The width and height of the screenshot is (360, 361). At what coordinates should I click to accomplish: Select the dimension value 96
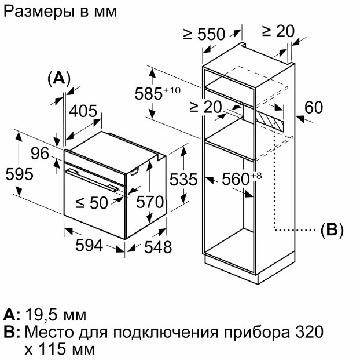coord(39,154)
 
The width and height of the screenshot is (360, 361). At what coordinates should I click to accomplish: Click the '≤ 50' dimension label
coord(92,202)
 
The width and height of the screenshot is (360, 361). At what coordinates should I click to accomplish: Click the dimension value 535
coord(184,179)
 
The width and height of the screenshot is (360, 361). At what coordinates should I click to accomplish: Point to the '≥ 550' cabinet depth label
coord(203,34)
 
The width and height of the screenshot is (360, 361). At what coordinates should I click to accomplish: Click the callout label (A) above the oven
coord(58,78)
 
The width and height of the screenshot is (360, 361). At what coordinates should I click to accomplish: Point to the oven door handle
coord(89,179)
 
